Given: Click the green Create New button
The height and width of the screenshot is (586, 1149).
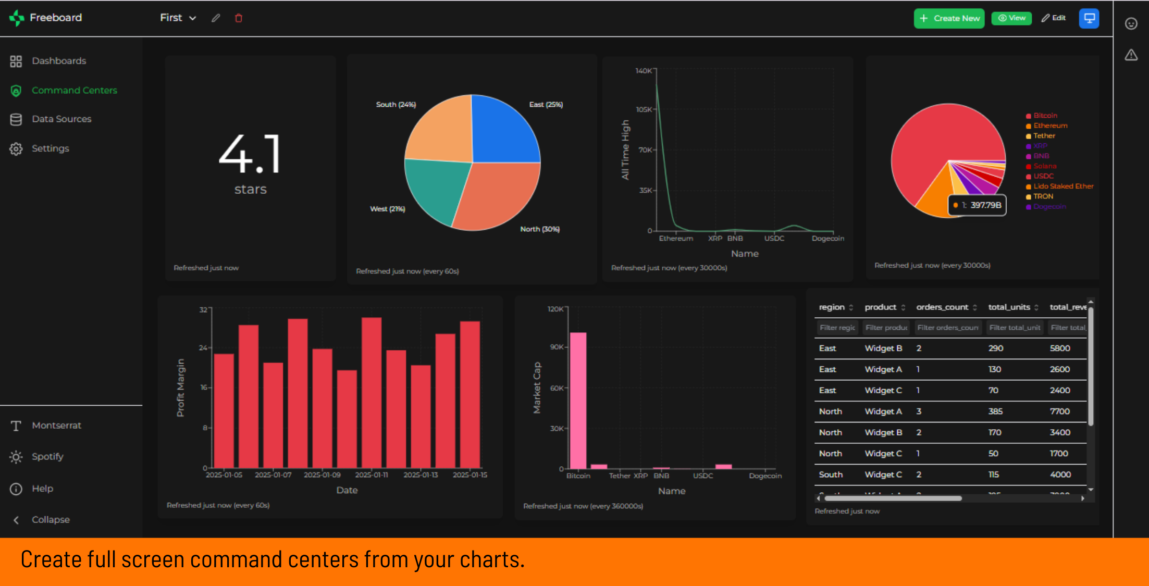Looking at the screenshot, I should point(949,18).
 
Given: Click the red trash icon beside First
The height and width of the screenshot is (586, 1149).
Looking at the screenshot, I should point(239,18).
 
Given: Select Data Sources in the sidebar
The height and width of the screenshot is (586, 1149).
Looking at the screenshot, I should point(61,119).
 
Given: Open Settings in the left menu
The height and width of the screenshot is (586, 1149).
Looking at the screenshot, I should point(50,148).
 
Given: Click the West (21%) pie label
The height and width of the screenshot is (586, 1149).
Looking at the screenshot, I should point(387,209).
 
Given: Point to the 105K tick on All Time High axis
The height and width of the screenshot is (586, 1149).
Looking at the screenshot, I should point(644,109).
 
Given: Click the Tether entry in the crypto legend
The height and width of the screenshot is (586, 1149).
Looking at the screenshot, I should point(1044,136).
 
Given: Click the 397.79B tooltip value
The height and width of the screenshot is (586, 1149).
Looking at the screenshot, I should point(985,205).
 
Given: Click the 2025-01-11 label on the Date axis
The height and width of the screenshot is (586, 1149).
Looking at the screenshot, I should point(372,475).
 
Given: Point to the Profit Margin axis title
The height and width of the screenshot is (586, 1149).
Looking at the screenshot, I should point(180,388).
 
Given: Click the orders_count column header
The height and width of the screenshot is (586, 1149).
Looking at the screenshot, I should point(942,307).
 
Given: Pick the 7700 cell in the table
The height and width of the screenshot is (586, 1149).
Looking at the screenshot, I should point(1059,412).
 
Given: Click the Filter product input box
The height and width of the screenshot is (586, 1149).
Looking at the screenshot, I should point(886,328).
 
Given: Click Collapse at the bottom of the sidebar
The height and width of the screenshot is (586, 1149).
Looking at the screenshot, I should point(50,520).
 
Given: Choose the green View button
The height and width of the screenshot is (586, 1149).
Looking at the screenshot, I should point(1011,18).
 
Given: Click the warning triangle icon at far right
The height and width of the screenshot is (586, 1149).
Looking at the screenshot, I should point(1131,55).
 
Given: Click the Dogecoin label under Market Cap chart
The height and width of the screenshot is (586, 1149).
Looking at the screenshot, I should point(765,476).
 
